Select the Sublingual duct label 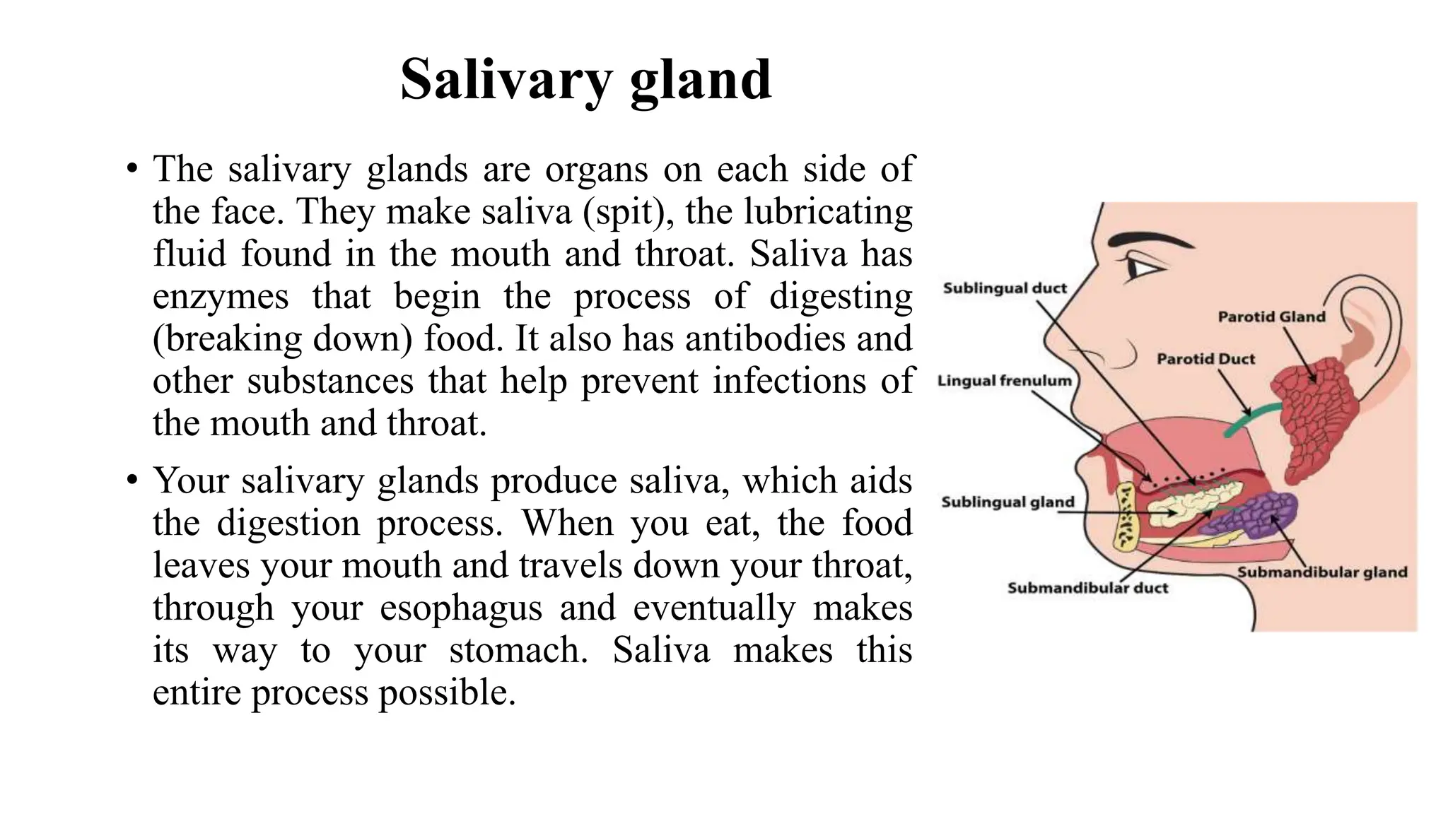point(1005,288)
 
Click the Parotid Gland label point(1271,317)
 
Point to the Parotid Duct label point(1205,359)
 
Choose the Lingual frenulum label point(1004,381)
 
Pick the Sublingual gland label point(1008,502)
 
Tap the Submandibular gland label point(1322,572)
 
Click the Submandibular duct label point(1087,588)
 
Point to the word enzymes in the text point(221,297)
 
